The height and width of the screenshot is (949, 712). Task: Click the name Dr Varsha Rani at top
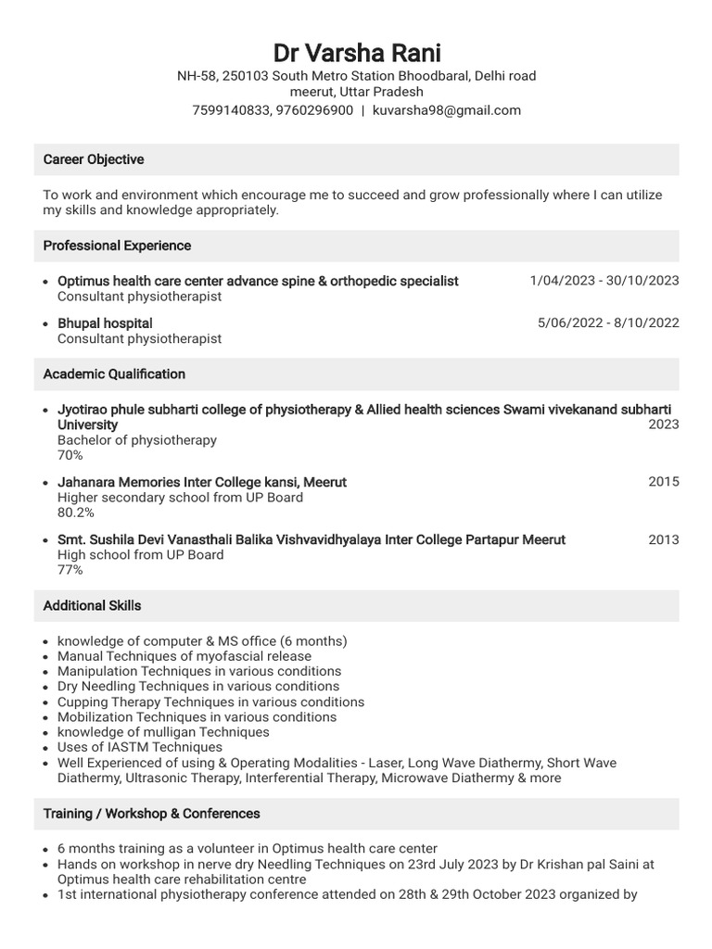pyautogui.click(x=356, y=53)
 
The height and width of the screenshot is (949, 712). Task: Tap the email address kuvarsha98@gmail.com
pyautogui.click(x=446, y=110)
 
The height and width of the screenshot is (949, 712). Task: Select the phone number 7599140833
pyautogui.click(x=229, y=110)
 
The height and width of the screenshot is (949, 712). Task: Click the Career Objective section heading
pyautogui.click(x=94, y=159)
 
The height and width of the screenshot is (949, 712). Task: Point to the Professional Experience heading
pyautogui.click(x=117, y=246)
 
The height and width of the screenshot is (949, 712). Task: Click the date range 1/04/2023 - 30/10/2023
pyautogui.click(x=604, y=281)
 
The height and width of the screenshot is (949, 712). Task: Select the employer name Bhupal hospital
pyautogui.click(x=105, y=323)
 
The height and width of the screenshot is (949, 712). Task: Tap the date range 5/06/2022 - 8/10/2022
pyautogui.click(x=607, y=323)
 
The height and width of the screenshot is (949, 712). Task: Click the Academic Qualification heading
pyautogui.click(x=114, y=374)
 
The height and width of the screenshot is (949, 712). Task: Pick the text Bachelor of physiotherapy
pyautogui.click(x=137, y=440)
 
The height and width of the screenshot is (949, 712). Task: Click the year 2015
pyautogui.click(x=663, y=482)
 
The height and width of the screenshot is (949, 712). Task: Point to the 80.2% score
pyautogui.click(x=76, y=512)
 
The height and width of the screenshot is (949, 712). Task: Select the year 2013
pyautogui.click(x=663, y=539)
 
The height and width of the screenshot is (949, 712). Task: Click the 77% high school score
pyautogui.click(x=70, y=570)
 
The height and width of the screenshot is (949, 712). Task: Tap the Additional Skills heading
pyautogui.click(x=93, y=605)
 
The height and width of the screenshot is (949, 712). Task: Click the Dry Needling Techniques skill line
pyautogui.click(x=197, y=687)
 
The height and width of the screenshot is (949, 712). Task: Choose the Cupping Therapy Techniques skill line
pyautogui.click(x=210, y=702)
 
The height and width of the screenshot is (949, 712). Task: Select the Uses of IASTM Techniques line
pyautogui.click(x=140, y=747)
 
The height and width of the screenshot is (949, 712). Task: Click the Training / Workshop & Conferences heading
pyautogui.click(x=151, y=814)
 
